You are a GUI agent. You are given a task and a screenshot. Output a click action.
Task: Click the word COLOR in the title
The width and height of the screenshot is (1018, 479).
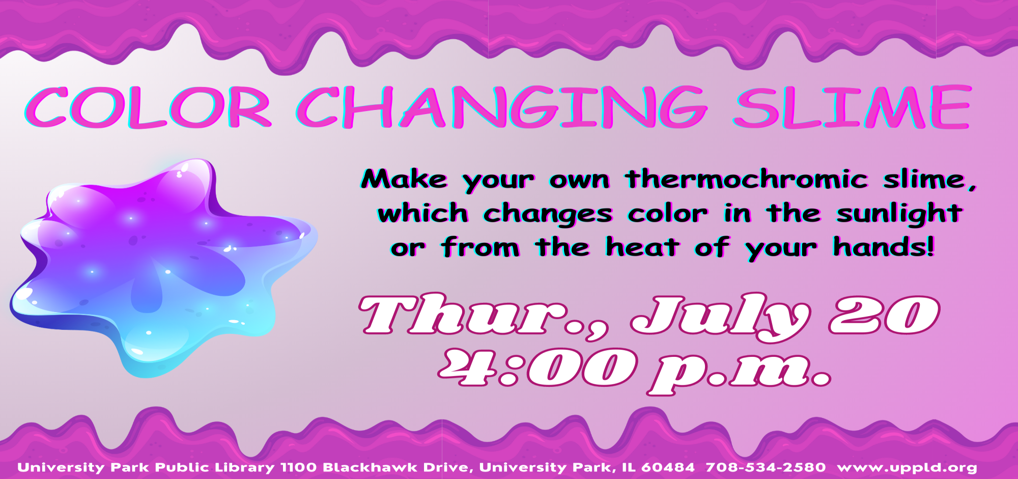click(148, 107)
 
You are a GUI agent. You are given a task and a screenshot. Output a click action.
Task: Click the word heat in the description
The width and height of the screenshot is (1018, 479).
click(642, 247)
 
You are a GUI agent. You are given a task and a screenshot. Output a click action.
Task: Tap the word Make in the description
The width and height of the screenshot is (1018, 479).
click(405, 179)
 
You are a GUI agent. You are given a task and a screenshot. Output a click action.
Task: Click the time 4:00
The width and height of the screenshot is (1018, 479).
click(537, 367)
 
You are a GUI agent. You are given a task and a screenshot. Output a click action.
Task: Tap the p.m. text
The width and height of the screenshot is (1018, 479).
click(739, 372)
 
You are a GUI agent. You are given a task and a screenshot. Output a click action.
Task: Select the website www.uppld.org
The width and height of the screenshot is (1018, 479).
click(907, 468)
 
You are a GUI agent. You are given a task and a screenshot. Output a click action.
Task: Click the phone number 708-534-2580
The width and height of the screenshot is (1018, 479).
click(766, 467)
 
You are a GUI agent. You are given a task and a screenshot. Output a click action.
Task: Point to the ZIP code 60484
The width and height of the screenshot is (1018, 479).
click(668, 467)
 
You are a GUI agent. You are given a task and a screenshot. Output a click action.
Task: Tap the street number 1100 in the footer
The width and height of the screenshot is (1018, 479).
click(299, 467)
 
